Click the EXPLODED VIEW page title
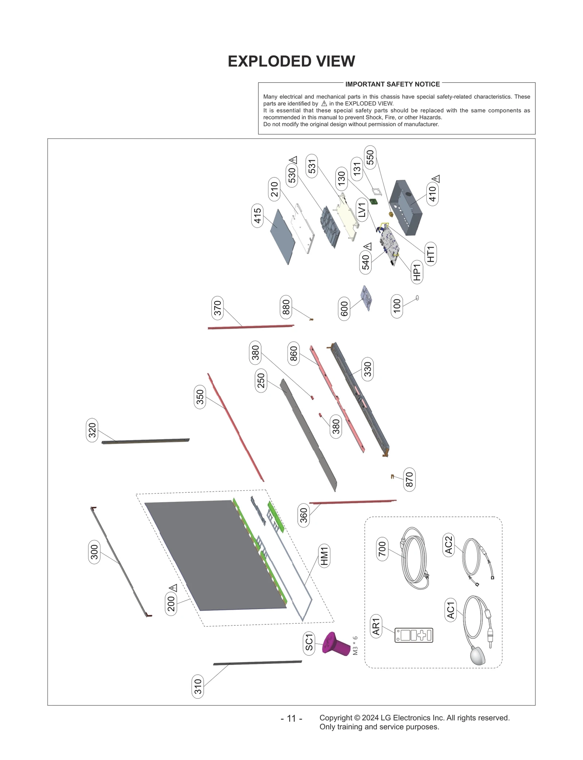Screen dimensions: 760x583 pos(291,61)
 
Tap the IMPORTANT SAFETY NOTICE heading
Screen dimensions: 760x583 pos(392,84)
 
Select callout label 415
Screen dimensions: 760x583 pos(257,216)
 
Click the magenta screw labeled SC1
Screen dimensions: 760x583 pos(334,645)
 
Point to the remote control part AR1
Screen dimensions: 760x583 pos(414,635)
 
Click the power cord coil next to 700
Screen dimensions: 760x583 pos(414,558)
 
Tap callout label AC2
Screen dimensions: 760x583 pos(449,544)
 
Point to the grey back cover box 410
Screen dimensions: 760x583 pos(405,207)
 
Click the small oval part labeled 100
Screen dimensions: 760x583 pos(417,298)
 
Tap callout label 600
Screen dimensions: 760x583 pos(344,309)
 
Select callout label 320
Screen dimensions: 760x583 pos(92,430)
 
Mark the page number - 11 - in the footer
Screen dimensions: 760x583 pos(291,718)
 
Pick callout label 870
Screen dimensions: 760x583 pos(409,479)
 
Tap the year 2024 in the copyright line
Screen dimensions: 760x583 pos(370,718)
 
